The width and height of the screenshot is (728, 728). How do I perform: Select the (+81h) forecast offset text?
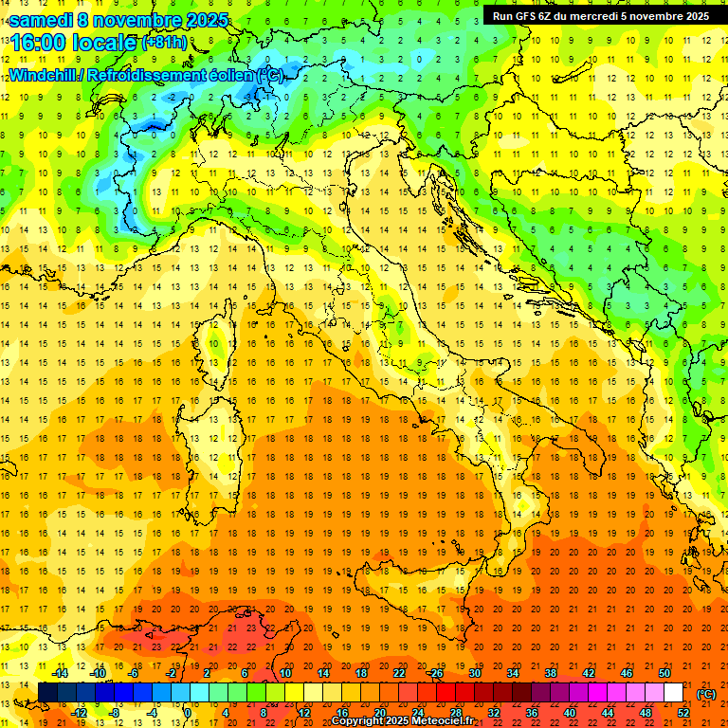(x=163, y=42)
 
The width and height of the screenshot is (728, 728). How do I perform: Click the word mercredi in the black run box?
(x=591, y=16)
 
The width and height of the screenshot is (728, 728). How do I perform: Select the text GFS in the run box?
(x=525, y=16)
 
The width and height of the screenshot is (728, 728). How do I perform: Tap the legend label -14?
(x=60, y=673)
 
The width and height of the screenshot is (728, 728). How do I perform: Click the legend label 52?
(x=683, y=713)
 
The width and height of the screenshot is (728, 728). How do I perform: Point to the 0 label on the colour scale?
(x=188, y=713)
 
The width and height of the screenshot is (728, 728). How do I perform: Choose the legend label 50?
(x=664, y=673)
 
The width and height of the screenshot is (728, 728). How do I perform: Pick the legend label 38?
(x=550, y=673)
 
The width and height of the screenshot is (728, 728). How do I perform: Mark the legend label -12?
(x=79, y=713)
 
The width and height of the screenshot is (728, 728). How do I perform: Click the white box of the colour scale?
(x=673, y=693)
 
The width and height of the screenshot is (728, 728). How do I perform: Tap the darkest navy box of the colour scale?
(x=48, y=693)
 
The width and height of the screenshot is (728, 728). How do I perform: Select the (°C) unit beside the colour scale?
(x=706, y=694)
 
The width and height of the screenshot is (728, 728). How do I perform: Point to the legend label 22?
(x=399, y=673)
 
